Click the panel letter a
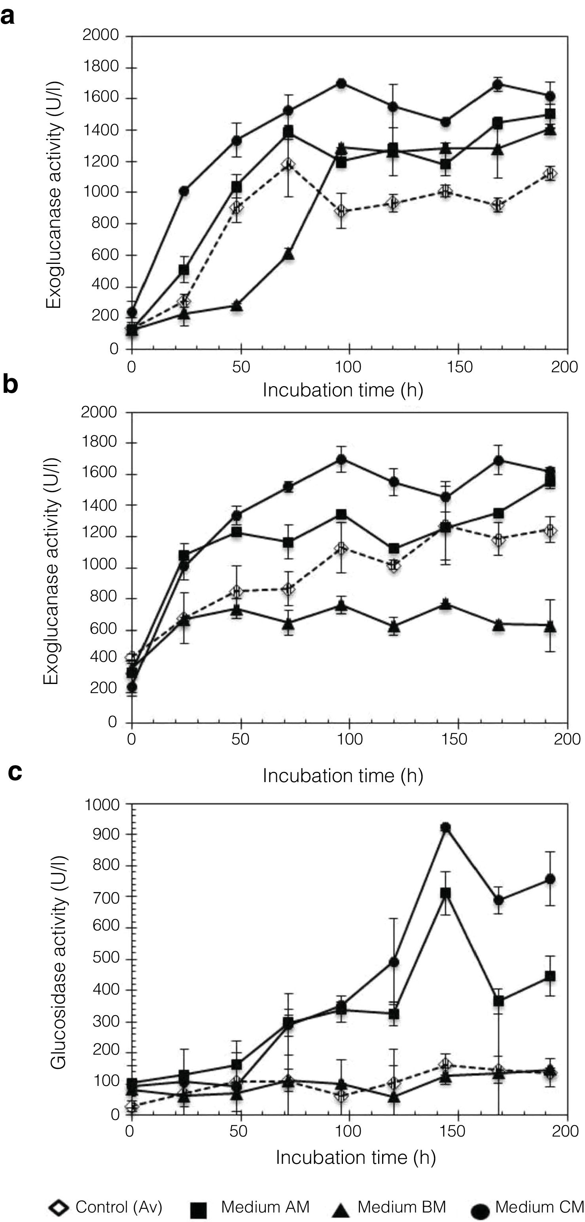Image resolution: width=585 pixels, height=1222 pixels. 8,17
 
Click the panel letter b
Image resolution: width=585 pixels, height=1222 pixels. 10,385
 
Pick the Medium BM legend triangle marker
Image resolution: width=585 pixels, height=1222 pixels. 340,1209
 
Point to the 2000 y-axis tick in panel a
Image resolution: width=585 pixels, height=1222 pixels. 100,35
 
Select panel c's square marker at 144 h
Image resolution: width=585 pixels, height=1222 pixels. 445,894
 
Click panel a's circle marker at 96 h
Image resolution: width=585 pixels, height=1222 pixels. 341,83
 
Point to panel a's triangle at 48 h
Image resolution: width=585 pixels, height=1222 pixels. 237,306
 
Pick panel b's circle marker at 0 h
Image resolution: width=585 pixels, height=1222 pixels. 132,687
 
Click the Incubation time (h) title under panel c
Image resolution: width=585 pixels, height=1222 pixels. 356,1158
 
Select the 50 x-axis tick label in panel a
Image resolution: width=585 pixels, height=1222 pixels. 241,367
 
